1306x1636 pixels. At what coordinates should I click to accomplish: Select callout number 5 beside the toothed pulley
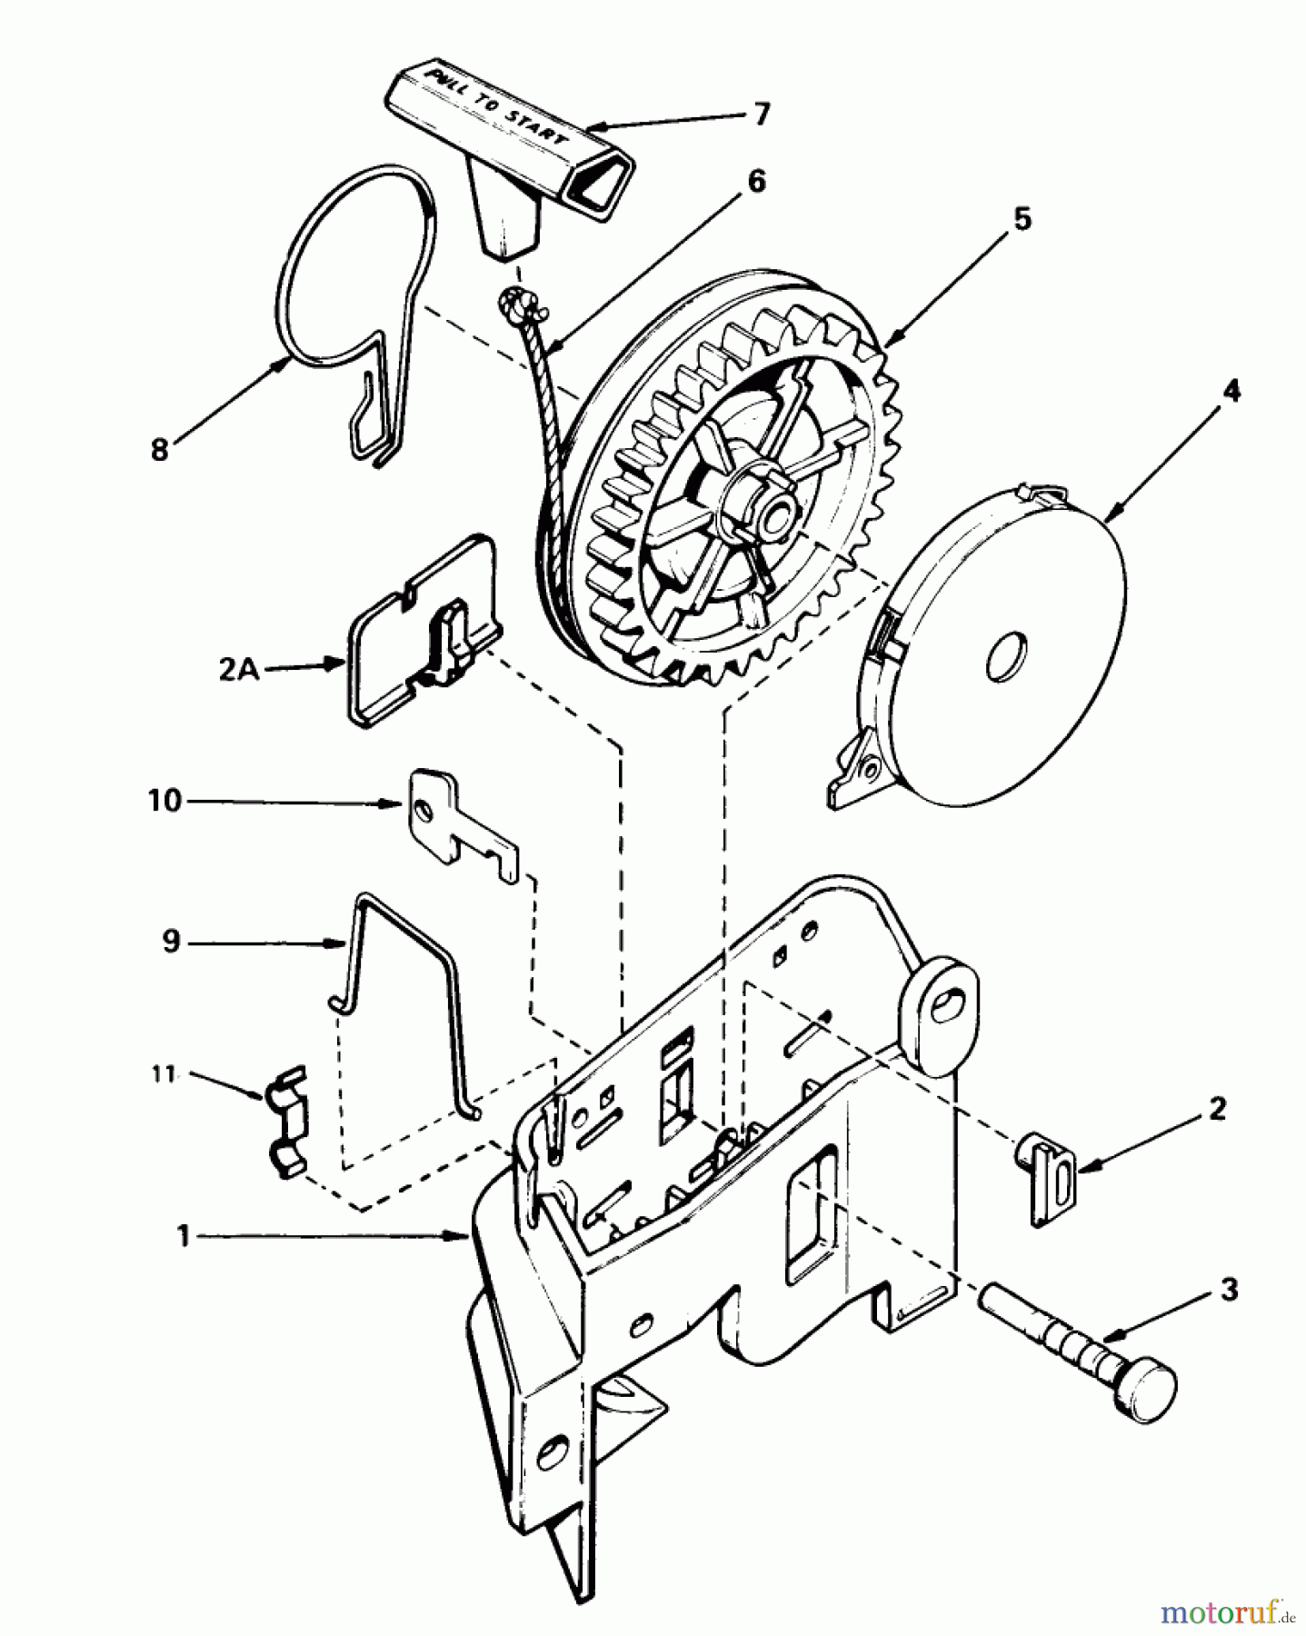point(1022,220)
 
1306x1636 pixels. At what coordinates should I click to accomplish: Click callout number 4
point(1230,392)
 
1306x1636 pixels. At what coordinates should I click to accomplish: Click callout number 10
point(164,802)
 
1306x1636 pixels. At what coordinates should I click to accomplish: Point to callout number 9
point(171,943)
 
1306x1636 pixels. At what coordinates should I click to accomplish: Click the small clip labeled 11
point(285,1123)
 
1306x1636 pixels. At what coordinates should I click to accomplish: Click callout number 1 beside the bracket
point(183,1235)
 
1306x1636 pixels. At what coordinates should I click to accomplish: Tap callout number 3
point(1229,1290)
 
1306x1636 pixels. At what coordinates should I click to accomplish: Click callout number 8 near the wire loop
point(160,449)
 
